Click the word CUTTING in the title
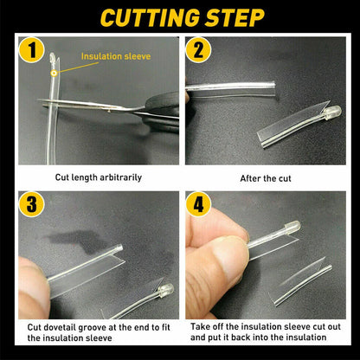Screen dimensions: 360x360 point(150,18)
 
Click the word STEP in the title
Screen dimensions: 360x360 point(235,18)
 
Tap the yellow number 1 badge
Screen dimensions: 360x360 point(31,50)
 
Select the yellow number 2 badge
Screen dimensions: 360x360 point(198,50)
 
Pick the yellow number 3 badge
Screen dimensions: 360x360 point(31,204)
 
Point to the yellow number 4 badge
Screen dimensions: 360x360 point(198,204)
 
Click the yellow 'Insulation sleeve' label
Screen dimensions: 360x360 point(116,56)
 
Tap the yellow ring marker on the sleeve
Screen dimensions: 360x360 point(54,74)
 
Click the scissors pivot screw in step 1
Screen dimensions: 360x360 point(109,110)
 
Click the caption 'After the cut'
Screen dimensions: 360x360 point(266,178)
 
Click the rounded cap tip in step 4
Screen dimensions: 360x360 point(292,227)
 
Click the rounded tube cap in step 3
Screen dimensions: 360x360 point(165,290)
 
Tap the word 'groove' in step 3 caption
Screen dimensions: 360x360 point(97,328)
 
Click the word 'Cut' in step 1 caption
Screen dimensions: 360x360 point(61,177)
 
